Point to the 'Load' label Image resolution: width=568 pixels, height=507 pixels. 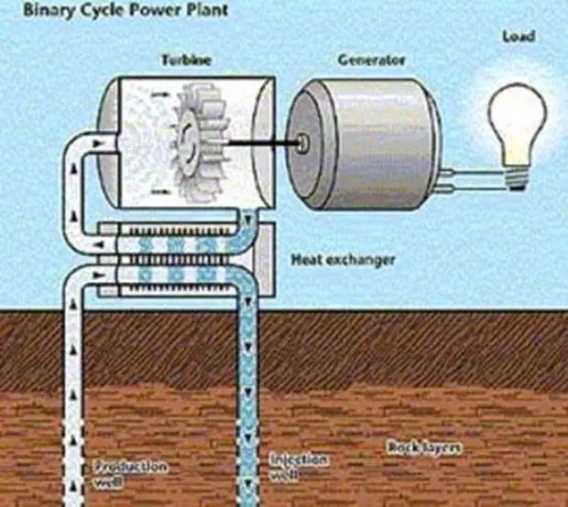tap(518, 38)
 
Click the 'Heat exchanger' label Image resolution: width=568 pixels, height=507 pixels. tap(343, 259)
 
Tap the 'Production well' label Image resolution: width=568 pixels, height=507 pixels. tap(131, 472)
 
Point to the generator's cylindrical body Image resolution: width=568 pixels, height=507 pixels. tap(385, 137)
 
